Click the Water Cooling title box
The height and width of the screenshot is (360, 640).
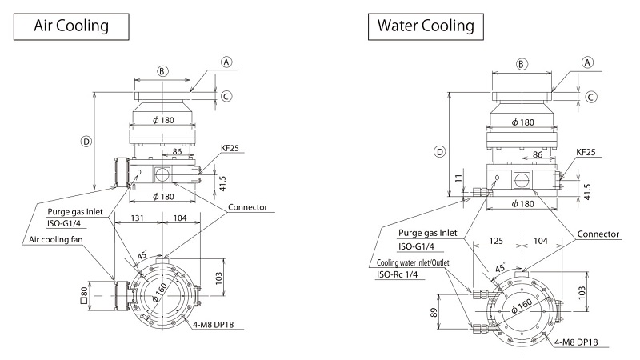[426, 26]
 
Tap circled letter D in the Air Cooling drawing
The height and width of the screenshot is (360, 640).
[86, 141]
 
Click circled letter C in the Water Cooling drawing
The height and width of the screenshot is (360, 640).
[591, 97]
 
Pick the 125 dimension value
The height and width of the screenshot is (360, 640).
[496, 241]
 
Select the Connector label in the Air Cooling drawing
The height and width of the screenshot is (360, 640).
[249, 207]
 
